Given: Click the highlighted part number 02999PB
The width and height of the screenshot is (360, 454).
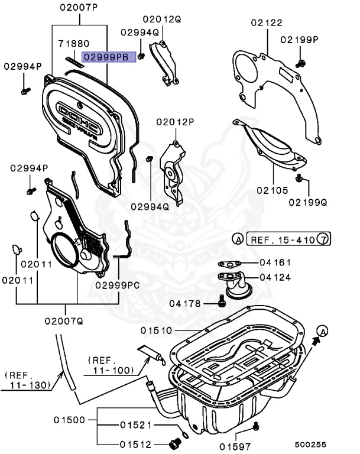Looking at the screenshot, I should point(109,57).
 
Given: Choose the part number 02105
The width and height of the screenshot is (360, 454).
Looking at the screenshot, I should point(272,190).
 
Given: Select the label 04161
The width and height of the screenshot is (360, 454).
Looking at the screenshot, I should point(275,262).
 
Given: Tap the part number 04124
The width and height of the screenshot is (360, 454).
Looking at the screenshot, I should point(275,276).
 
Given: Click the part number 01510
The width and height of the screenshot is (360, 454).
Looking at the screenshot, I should point(157,330).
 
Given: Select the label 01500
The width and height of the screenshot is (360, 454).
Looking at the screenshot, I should point(70,420).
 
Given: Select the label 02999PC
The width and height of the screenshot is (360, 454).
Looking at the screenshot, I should point(118,285).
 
